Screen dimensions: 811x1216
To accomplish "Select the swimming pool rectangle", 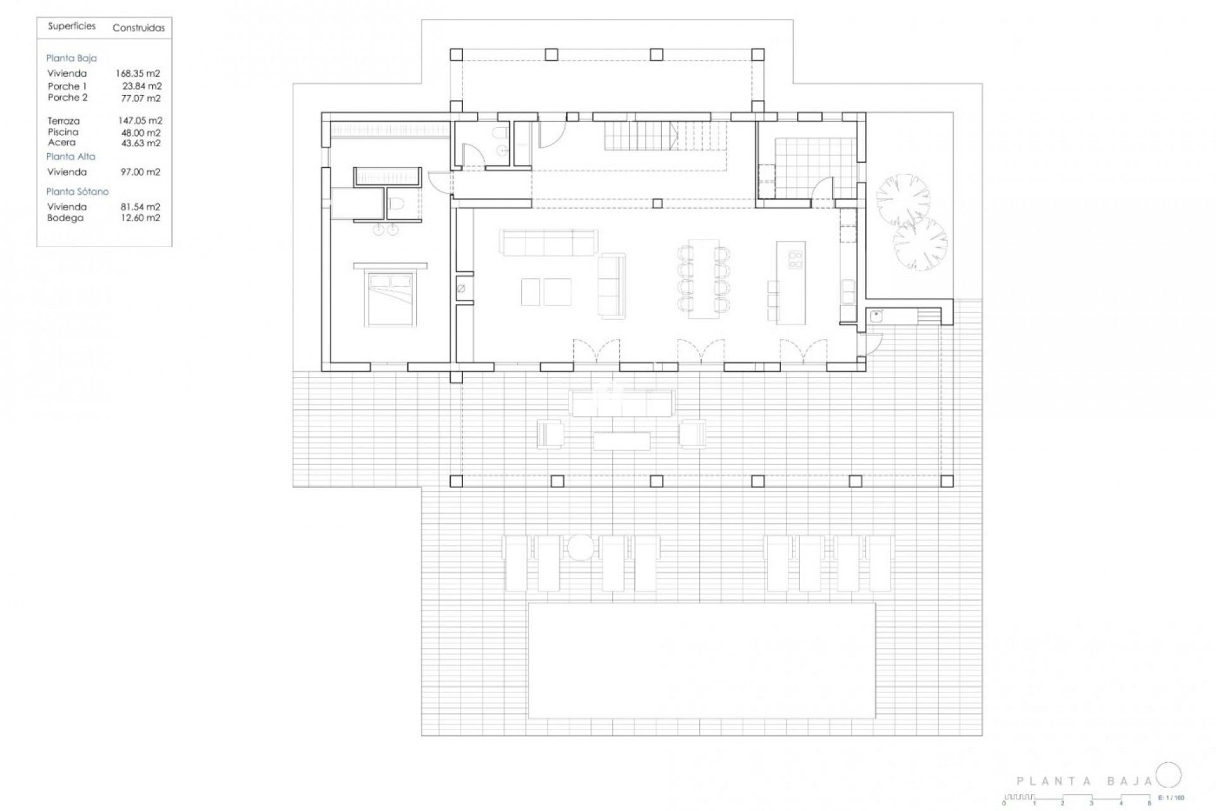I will pos(702,660).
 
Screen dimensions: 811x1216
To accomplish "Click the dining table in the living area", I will pos(703,279).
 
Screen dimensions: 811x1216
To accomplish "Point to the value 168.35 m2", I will pos(138,73).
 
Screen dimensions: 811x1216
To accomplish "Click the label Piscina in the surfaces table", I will pos(63,132).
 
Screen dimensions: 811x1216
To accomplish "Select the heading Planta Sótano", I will pos(77,191).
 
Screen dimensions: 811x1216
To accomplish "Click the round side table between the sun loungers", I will pos(579,548).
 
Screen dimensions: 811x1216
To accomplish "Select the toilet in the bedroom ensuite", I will pos(397,204).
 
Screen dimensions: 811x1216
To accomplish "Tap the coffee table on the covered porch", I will pos(621,441).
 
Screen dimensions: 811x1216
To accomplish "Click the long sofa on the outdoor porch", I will pos(621,403).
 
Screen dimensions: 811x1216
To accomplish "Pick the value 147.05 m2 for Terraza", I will pos(140,120).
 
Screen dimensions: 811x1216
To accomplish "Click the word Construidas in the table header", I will pos(138,28).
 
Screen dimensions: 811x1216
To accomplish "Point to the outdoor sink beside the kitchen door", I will pos(877,316).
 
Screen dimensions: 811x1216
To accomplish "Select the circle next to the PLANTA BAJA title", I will pos(1168,775).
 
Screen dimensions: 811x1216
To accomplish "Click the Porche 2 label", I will pos(67,98).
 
